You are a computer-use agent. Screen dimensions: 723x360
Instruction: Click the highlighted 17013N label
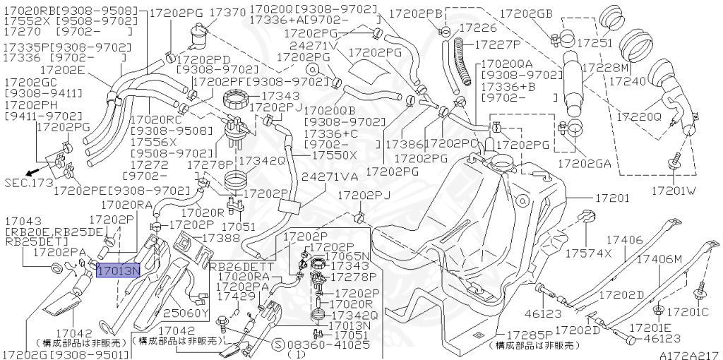pyautogui.click(x=119, y=270)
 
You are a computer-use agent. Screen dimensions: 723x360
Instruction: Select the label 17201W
pyautogui.click(x=674, y=191)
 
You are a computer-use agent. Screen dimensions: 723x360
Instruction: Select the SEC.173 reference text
pyautogui.click(x=28, y=183)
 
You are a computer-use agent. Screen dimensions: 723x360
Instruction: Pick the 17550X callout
pyautogui.click(x=334, y=154)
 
